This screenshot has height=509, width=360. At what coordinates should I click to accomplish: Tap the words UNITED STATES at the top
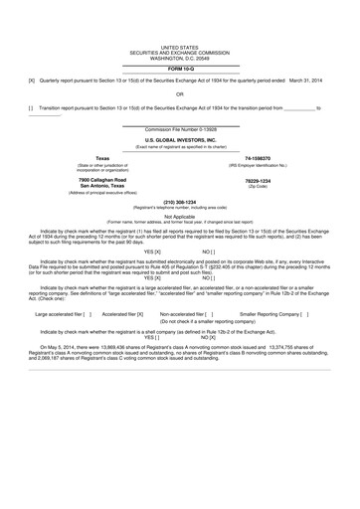[180, 47]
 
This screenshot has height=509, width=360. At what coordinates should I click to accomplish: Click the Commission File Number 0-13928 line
[180, 130]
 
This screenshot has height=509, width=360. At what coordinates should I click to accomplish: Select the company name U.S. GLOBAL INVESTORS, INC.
[180, 140]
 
